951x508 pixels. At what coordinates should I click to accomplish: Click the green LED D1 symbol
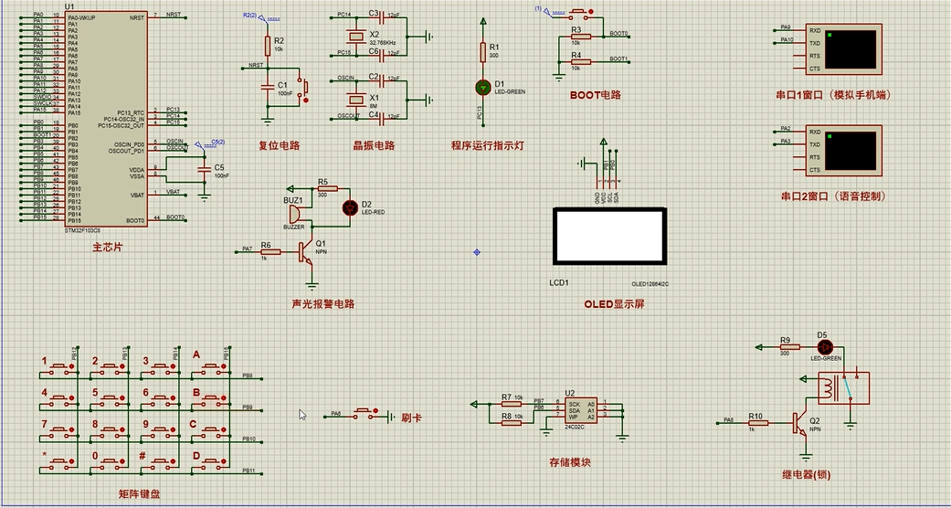pos(483,87)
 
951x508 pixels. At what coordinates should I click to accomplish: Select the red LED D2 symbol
pos(348,208)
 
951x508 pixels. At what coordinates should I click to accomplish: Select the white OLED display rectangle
pos(608,236)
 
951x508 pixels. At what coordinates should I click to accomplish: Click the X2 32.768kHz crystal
pos(356,37)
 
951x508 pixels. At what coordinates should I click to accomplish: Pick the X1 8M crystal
pos(356,100)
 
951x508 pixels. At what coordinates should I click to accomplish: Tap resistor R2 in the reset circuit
pos(268,46)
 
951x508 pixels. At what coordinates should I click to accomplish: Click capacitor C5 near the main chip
pos(204,169)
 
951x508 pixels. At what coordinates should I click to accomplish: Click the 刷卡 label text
pos(411,418)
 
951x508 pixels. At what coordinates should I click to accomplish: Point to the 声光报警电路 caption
pos(322,304)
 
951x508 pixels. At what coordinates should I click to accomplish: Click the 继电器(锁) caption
pos(806,474)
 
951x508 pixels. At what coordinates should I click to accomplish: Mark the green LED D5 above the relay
pos(823,347)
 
